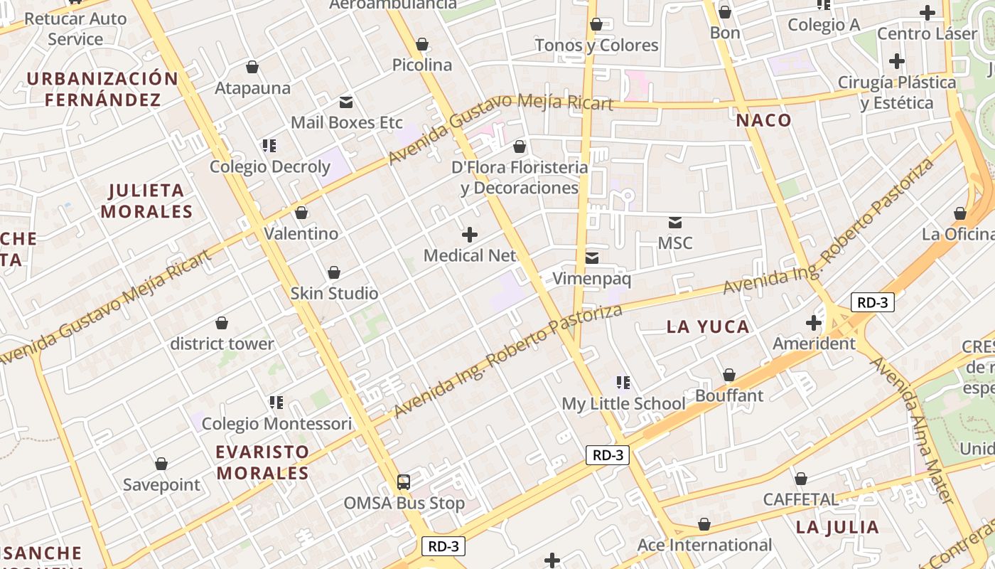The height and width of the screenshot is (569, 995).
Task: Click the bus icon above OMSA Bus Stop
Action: coord(403,482)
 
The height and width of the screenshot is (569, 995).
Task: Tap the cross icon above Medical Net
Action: coord(470,234)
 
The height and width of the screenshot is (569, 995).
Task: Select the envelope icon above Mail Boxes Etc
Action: coord(346,102)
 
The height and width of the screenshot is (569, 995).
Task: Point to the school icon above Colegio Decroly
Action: coord(269,146)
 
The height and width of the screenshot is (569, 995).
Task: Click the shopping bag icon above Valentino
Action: coord(301,213)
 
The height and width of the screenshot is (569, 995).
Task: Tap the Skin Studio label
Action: coord(334,293)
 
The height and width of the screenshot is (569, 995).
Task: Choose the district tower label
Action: coord(222,344)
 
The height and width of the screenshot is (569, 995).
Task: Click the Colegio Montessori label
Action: coord(276,424)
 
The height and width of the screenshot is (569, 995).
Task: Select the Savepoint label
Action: coord(162,485)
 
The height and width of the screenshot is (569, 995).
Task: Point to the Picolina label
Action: coord(422,65)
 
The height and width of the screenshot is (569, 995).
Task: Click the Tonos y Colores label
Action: coord(596,46)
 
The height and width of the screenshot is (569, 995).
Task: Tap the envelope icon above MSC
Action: coord(674,223)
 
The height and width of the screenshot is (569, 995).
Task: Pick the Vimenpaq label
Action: coord(591,279)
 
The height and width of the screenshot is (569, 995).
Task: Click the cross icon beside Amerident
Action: coord(814,324)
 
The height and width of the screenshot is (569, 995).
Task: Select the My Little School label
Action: coord(623,404)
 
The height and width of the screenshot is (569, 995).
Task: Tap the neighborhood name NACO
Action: coord(763,120)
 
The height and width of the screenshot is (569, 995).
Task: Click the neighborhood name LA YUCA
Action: coord(708,327)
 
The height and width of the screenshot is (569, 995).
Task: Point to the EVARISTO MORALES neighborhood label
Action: coord(262,462)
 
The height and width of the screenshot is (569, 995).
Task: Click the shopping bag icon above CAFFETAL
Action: coord(801,479)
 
